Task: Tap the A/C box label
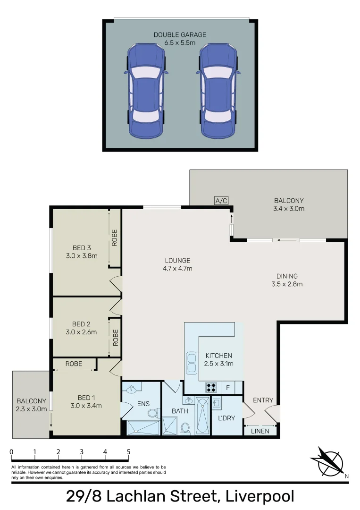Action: [221, 201]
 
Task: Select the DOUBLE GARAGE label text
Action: [180, 35]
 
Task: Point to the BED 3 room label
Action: [81, 248]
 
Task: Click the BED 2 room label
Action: [81, 324]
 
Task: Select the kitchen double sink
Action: [192, 363]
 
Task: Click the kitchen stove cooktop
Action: [212, 388]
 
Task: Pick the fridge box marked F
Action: [228, 388]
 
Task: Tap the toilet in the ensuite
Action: [153, 413]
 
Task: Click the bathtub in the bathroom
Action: [202, 416]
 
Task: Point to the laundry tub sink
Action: [217, 404]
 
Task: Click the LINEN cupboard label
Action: [260, 431]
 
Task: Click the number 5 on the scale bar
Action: [128, 452]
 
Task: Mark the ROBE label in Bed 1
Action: [74, 364]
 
